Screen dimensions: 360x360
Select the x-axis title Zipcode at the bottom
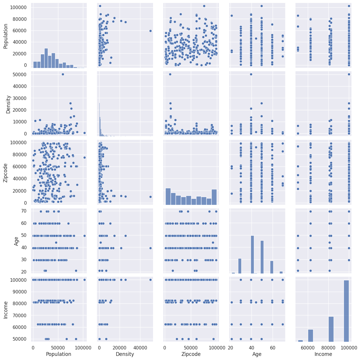(x=191, y=354)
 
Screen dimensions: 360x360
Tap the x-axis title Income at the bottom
(x=323, y=354)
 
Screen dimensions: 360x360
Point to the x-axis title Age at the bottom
(x=257, y=354)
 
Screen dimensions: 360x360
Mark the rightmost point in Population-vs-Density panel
(x=150, y=31)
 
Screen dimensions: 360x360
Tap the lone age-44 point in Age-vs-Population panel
(x=56, y=242)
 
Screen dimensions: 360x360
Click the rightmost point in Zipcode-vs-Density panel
(x=150, y=197)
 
